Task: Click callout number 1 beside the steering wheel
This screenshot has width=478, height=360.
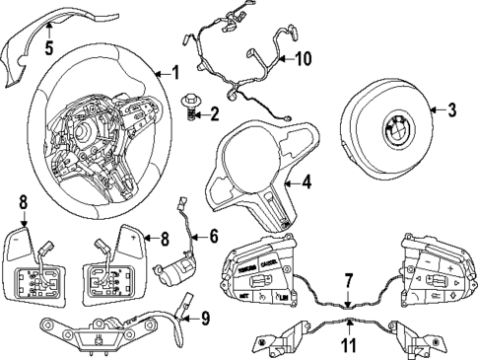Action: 174,72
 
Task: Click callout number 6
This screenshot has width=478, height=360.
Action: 213,237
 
